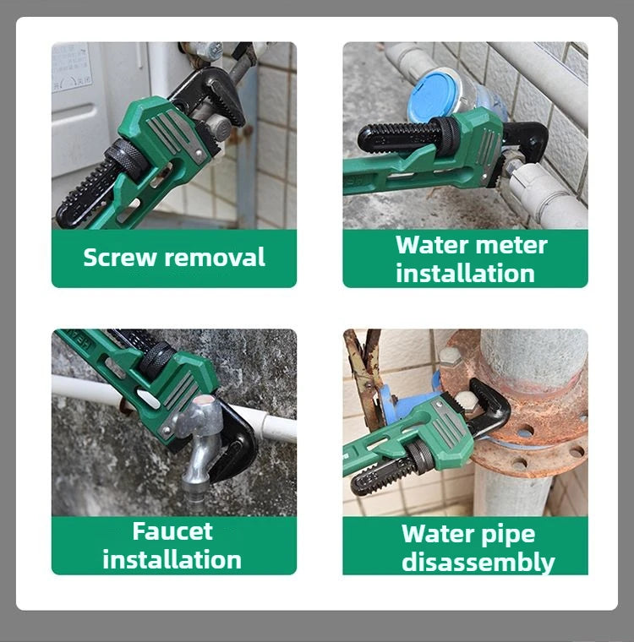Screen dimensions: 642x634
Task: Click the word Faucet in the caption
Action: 172,531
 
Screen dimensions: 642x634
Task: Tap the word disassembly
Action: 478,562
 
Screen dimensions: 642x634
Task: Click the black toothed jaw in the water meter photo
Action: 397,135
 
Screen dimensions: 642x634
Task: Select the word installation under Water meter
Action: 465,273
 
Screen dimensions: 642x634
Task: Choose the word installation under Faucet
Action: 172,559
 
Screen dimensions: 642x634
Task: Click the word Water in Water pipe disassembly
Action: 434,534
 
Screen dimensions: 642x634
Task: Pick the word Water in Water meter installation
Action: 430,245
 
